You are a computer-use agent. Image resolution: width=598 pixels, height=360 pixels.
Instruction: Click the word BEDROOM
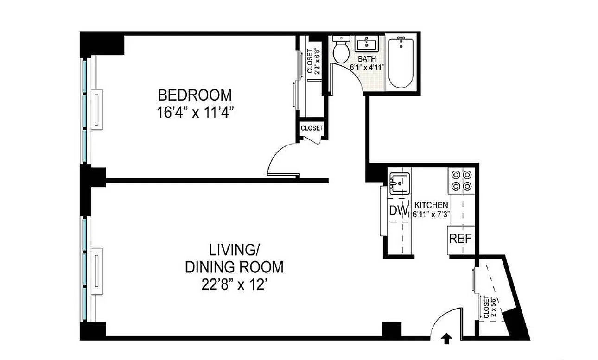click(195, 95)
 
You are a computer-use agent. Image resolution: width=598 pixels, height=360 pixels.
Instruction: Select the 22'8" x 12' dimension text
click(234, 285)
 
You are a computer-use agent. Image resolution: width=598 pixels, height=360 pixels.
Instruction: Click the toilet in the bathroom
click(341, 50)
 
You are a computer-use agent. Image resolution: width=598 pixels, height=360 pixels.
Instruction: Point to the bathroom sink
click(367, 44)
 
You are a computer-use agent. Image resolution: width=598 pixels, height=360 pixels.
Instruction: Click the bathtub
click(401, 63)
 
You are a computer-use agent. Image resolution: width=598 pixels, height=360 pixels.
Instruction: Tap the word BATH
click(367, 59)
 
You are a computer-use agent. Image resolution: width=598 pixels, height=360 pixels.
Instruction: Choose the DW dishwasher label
click(399, 210)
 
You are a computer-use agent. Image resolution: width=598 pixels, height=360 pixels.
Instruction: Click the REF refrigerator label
click(460, 239)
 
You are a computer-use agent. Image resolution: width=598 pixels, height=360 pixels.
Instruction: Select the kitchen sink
click(400, 183)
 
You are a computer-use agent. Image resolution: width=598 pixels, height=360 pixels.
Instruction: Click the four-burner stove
click(461, 180)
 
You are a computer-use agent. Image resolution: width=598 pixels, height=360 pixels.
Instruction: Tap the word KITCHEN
click(431, 205)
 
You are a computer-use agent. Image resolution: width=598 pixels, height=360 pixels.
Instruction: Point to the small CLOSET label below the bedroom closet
click(312, 128)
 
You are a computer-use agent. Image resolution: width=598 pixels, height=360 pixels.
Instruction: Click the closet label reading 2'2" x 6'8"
click(313, 61)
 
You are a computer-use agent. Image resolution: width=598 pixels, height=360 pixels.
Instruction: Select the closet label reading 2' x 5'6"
click(490, 307)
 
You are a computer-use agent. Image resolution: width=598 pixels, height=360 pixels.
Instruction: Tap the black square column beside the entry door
click(392, 329)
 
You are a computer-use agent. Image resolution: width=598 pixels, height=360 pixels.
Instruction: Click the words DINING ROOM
click(234, 267)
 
